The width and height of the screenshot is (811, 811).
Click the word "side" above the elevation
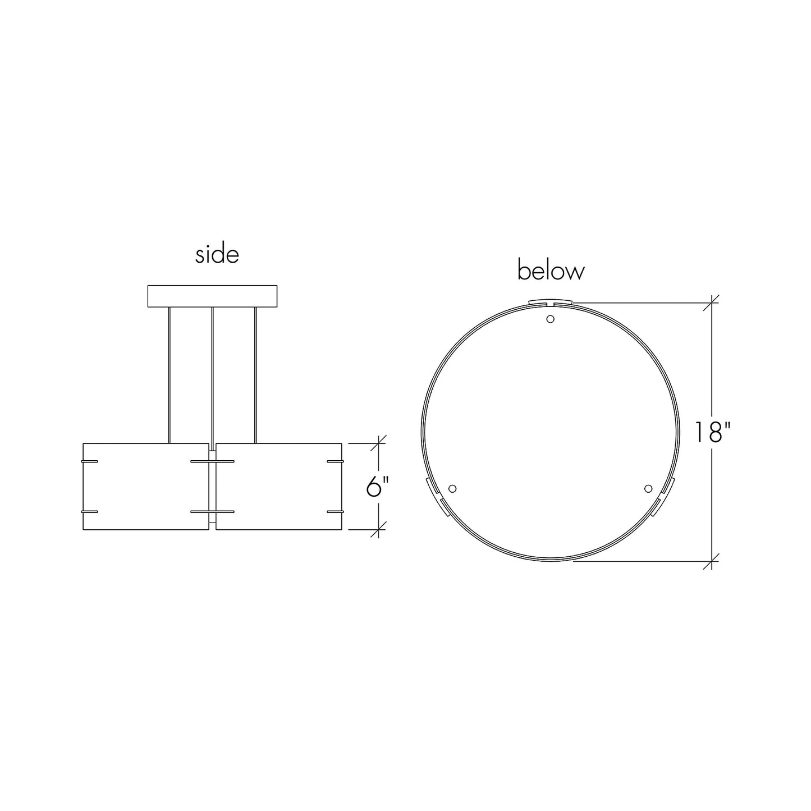tap(217, 255)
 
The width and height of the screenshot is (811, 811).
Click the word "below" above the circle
tap(551, 271)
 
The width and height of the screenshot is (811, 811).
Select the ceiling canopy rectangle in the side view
tap(212, 296)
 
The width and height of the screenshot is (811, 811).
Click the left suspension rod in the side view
tap(169, 375)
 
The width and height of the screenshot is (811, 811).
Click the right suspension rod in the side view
tap(255, 375)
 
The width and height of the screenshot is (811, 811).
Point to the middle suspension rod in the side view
tap(212, 379)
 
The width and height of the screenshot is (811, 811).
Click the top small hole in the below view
tap(550, 319)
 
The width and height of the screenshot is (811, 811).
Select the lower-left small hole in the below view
tap(452, 489)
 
